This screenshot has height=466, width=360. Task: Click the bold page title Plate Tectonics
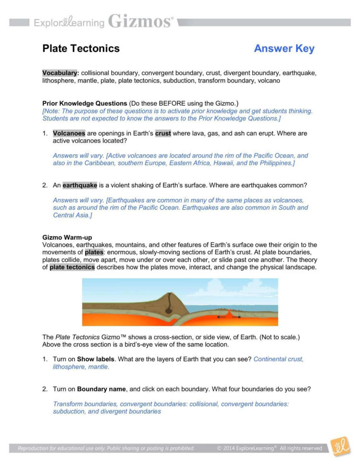point(81,49)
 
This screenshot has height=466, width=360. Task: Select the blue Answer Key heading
point(284,49)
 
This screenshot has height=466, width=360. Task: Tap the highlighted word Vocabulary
point(60,73)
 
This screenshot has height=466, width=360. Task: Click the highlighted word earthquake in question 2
point(80,185)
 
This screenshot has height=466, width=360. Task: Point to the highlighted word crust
point(163,134)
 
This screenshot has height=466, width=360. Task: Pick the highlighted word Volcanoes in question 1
point(69,134)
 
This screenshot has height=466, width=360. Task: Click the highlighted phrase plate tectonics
point(72,268)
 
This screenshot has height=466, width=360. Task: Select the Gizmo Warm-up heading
point(67,238)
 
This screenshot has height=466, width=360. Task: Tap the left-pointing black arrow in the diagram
point(221,317)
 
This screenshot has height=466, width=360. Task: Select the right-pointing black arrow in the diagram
point(236,317)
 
